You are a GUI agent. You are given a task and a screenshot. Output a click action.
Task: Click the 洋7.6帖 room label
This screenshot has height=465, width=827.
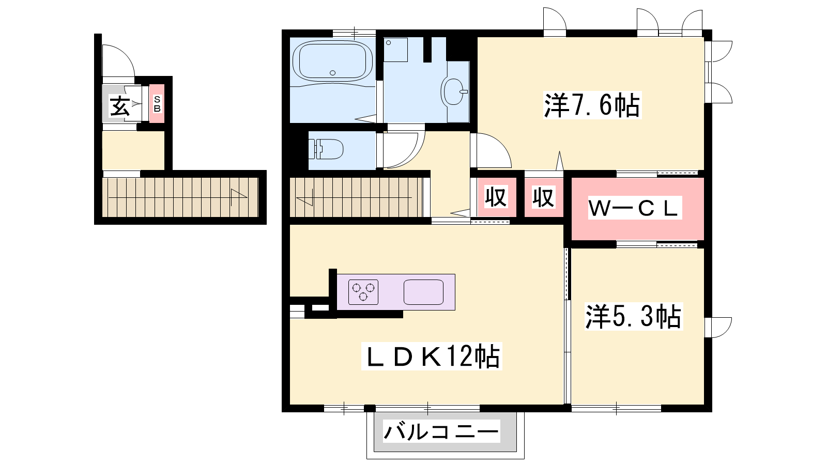592,105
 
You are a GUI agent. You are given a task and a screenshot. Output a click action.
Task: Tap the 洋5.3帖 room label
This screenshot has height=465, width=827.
634,316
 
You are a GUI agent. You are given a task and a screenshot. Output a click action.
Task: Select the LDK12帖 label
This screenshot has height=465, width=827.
432,357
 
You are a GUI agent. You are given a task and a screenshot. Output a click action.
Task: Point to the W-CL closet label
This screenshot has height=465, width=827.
634,209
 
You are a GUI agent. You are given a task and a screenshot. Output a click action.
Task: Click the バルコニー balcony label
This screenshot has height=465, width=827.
441,431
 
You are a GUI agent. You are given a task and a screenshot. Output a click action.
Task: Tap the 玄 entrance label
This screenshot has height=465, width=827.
119,106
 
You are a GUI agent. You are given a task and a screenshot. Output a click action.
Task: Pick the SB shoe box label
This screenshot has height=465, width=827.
157,104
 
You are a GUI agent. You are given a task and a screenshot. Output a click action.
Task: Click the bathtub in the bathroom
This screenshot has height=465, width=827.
332,61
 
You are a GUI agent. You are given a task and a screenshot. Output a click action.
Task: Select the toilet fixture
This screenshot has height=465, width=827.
326,149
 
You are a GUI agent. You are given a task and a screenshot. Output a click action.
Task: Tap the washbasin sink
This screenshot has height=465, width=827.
454,91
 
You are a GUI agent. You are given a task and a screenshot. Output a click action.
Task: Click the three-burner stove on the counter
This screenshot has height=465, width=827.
363,292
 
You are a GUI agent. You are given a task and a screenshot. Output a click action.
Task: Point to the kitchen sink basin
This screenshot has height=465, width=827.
423,292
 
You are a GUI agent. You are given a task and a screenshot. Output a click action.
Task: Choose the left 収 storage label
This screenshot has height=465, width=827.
496,197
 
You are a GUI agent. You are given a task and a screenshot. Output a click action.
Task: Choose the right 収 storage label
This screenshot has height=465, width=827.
543,197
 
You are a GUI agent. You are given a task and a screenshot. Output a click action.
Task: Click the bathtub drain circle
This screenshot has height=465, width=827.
333,73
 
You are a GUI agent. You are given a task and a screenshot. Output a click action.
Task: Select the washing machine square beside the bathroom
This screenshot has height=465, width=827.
395,50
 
